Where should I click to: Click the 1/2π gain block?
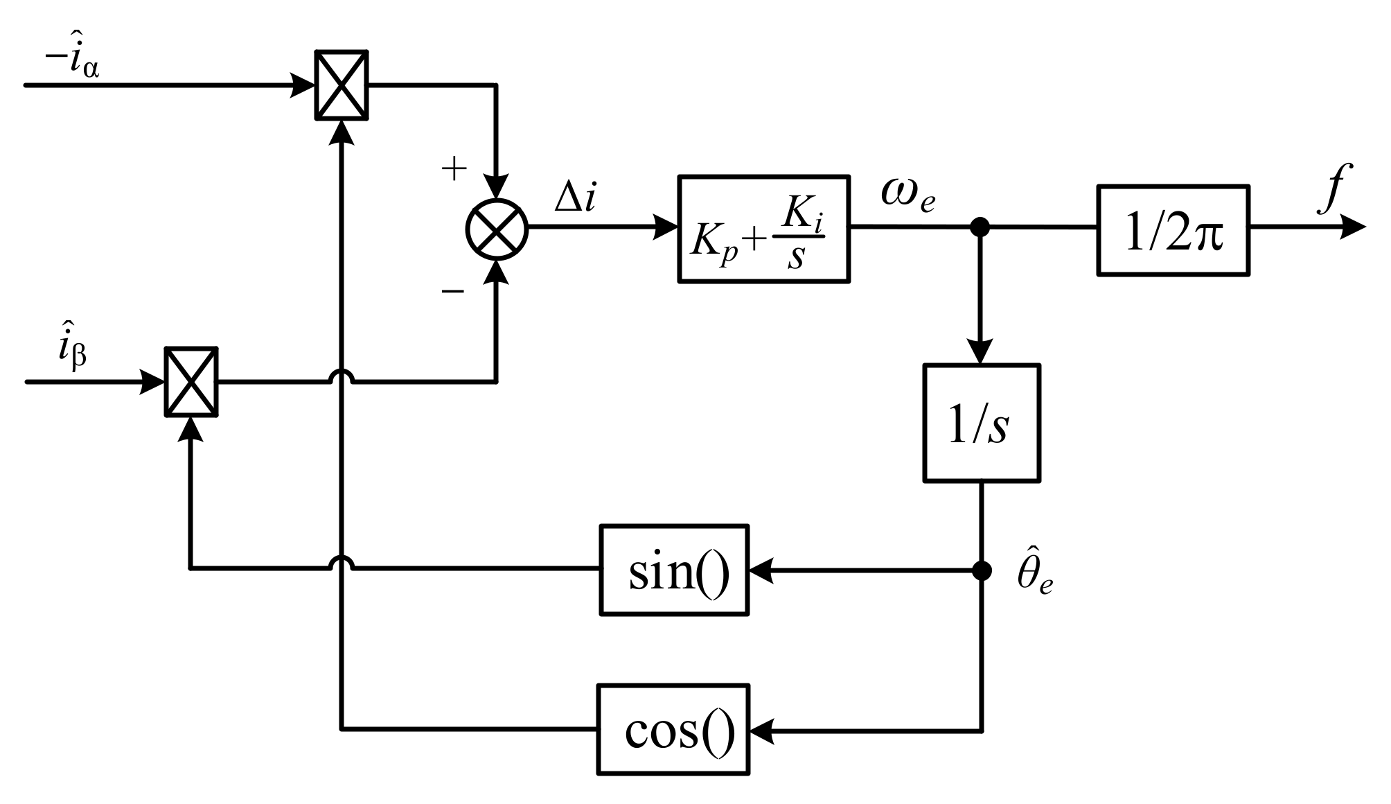coord(1173,231)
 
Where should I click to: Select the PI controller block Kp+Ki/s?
coord(763,229)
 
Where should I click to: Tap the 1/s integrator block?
coord(982,423)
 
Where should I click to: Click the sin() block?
coord(674,570)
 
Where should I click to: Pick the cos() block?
coord(673,729)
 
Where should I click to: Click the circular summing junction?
coord(497,229)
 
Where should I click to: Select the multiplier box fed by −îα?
coord(342,85)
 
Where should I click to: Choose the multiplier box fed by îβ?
coord(191,382)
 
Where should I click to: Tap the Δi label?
coord(575,198)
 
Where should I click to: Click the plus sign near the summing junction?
coord(454,168)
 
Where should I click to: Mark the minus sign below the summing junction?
coord(453,291)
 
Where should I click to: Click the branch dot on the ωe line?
coord(980,227)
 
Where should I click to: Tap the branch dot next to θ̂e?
coord(982,570)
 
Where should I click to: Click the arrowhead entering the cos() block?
coord(762,730)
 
